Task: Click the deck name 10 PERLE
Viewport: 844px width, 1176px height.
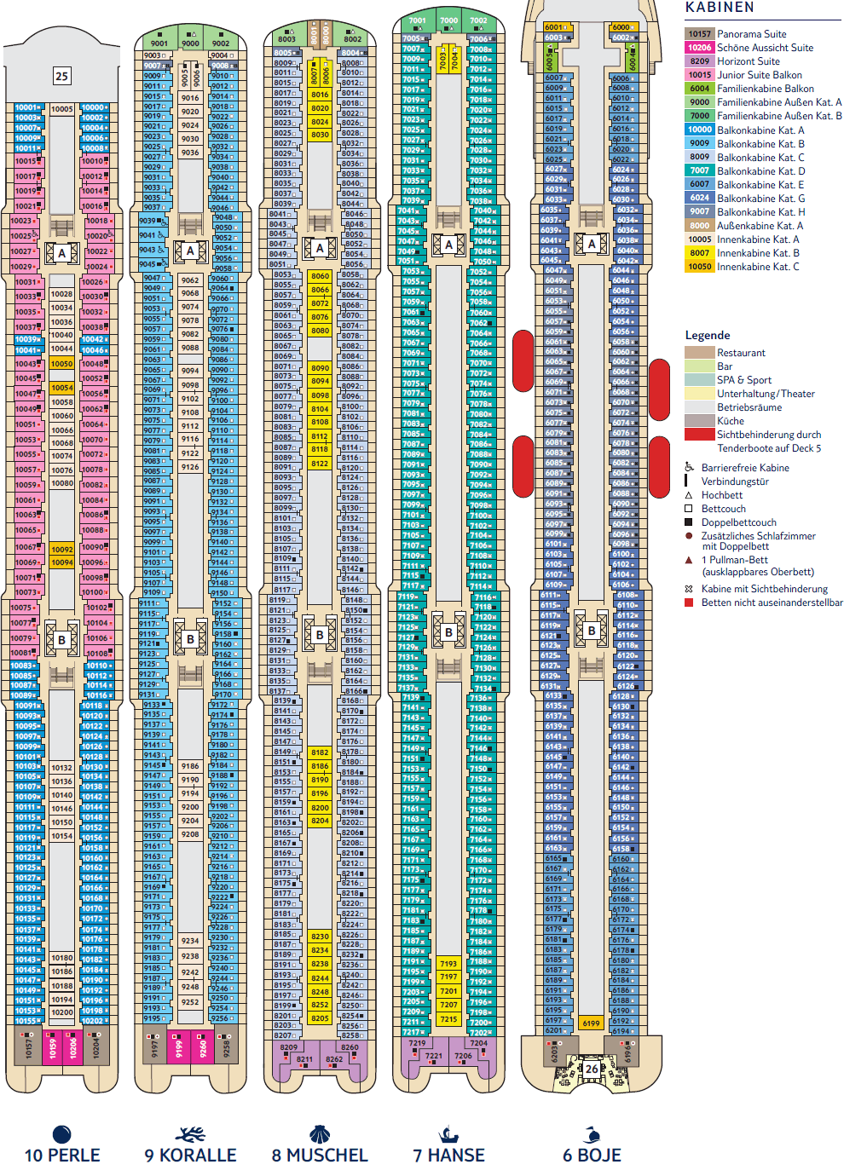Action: click(62, 1156)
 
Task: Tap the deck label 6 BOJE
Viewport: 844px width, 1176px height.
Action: click(592, 1156)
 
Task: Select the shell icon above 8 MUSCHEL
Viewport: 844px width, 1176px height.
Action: click(320, 1134)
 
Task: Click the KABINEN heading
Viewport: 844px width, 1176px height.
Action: click(720, 8)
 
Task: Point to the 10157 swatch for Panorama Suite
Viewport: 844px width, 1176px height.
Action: click(699, 34)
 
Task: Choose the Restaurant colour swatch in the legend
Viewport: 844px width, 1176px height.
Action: click(699, 353)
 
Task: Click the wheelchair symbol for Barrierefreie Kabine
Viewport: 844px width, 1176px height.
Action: click(689, 467)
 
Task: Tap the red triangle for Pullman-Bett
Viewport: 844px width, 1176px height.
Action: click(689, 560)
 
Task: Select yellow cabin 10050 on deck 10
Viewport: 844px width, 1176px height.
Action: click(61, 364)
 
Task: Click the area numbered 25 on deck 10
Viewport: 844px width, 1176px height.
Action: click(61, 76)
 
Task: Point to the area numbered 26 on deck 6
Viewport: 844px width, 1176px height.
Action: click(592, 1068)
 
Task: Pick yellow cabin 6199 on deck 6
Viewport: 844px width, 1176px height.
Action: click(591, 1023)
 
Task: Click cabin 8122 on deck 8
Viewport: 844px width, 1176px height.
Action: click(320, 464)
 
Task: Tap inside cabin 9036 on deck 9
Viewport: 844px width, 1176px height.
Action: click(190, 153)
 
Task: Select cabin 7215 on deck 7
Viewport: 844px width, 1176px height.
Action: click(448, 1018)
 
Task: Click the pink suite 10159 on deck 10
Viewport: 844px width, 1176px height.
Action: click(52, 1048)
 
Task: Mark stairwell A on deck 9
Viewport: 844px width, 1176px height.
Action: click(190, 251)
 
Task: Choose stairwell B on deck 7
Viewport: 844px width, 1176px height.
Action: click(448, 632)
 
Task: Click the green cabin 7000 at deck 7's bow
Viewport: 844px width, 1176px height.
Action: click(448, 20)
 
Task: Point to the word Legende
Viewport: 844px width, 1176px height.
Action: click(708, 335)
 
